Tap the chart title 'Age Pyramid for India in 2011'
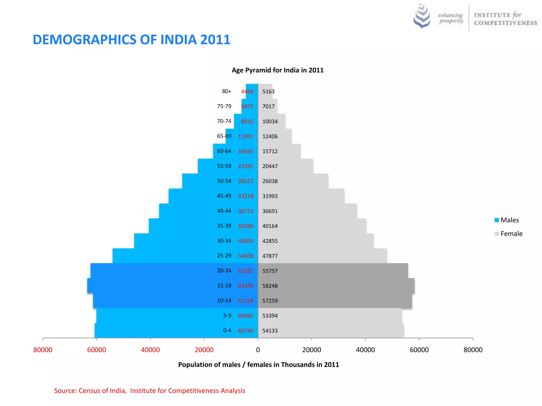click(x=277, y=70)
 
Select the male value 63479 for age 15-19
click(x=246, y=286)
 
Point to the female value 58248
click(x=270, y=286)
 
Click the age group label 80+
click(x=227, y=91)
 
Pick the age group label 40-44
click(x=224, y=211)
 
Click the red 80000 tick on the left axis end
click(x=43, y=350)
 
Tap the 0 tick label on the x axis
click(x=258, y=350)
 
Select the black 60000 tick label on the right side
click(x=419, y=350)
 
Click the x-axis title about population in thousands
click(x=258, y=365)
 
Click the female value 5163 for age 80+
click(x=268, y=92)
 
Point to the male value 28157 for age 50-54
click(x=246, y=181)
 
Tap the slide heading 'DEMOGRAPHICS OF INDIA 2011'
click(x=132, y=40)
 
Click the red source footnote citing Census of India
click(x=150, y=391)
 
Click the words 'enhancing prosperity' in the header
click(x=451, y=18)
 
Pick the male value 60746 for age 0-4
click(x=246, y=331)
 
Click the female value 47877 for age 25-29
click(x=270, y=256)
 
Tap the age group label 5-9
click(x=227, y=315)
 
